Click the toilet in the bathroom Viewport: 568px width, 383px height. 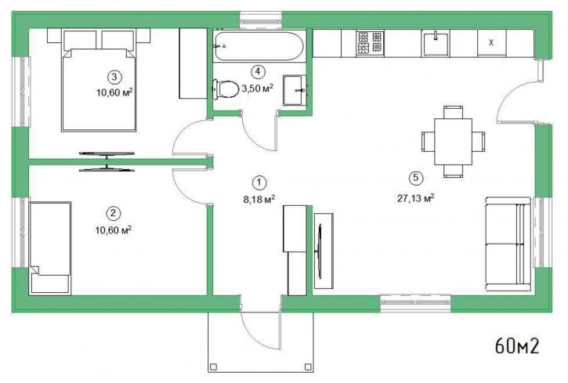[226, 89]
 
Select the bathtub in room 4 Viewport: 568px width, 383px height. [259, 46]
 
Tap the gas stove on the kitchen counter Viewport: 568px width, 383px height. [370, 43]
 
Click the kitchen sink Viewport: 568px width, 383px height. [435, 43]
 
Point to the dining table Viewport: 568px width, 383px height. [453, 142]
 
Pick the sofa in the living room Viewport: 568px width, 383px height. [508, 244]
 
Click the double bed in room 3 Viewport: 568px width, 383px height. [99, 80]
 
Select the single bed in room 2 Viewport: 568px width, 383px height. [50, 248]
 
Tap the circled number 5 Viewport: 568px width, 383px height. [415, 178]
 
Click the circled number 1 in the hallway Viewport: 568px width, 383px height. [259, 182]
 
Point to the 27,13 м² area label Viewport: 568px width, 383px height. [415, 198]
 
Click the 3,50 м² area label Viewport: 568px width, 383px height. [257, 88]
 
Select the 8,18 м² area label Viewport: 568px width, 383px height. [259, 199]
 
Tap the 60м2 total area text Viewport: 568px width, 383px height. [517, 346]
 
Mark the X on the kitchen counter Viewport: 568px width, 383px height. [491, 43]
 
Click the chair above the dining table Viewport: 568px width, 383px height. [453, 112]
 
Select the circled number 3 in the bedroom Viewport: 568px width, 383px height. [114, 77]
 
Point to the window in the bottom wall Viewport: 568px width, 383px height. [415, 302]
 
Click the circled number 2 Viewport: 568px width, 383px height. [114, 213]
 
